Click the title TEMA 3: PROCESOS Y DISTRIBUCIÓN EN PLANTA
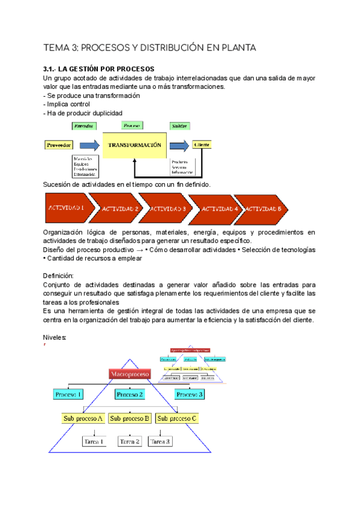coord(151,47)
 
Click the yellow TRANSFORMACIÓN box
coord(134,145)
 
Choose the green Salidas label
coord(179,126)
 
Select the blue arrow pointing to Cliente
coord(179,145)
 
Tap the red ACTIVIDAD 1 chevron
coord(67,208)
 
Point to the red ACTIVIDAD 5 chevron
coord(263,208)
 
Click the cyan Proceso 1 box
coord(68,394)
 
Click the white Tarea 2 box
coord(130,441)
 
